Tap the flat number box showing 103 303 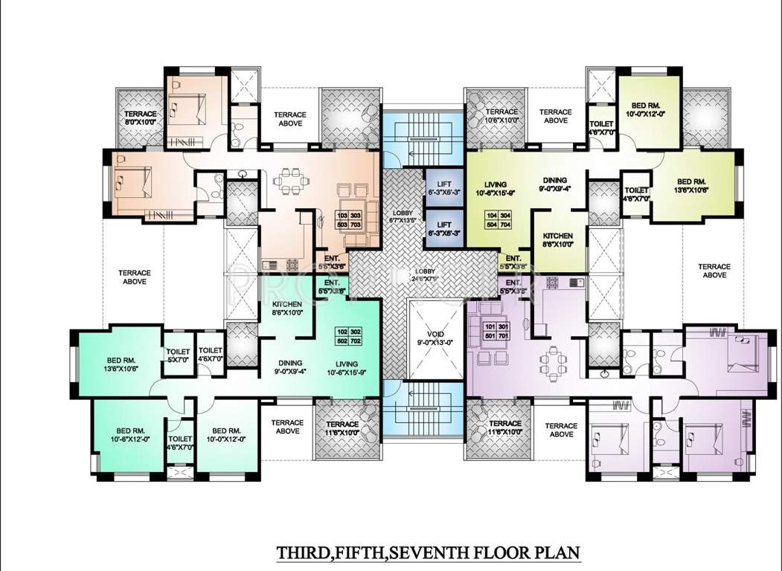[347, 219]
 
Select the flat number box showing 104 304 [496, 219]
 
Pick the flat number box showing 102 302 [347, 335]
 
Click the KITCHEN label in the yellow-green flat [557, 239]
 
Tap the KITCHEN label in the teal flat [286, 309]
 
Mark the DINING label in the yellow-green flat [554, 184]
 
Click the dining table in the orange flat [287, 182]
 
